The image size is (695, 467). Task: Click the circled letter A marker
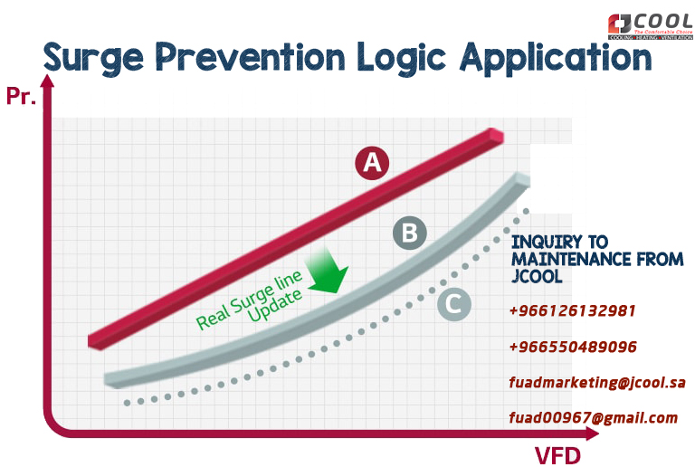372,163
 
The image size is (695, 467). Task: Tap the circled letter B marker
410,233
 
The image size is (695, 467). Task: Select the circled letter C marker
454,304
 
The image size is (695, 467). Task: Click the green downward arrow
328,271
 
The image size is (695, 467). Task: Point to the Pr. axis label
22,96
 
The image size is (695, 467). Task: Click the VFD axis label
557,456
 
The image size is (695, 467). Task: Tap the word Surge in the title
93,59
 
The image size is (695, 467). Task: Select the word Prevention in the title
250,57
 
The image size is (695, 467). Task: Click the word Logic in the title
401,59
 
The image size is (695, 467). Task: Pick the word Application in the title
556,59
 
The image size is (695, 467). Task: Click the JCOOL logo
651,26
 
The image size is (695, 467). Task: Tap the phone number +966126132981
572,310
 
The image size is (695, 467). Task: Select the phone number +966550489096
573,347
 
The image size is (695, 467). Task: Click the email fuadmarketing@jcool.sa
597,382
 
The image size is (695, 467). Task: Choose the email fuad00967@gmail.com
594,418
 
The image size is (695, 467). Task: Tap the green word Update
275,306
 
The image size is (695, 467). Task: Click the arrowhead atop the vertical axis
47,81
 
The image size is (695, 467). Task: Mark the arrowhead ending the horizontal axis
592,434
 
